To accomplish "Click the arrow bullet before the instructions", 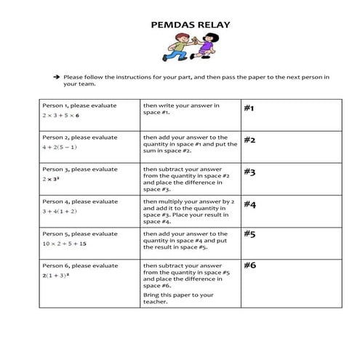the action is point(55,76).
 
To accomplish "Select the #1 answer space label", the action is point(249,108).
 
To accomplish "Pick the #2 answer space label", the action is point(249,140).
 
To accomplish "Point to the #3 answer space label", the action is point(249,172).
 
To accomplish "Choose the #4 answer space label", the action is point(249,204).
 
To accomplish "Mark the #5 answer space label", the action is point(249,234).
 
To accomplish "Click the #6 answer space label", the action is point(249,265).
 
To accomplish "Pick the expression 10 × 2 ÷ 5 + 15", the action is point(64,243).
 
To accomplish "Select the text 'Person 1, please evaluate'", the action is point(79,105).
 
